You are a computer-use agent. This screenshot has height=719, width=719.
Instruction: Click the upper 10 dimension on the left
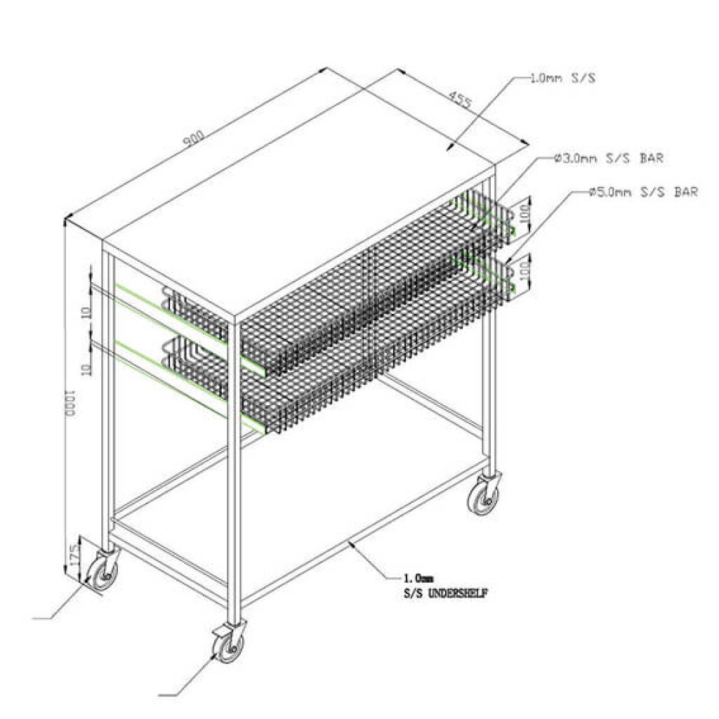tap(87, 311)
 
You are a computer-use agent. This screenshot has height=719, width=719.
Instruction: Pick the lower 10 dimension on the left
tap(87, 369)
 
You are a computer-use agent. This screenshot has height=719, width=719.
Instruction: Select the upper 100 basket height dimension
tap(524, 213)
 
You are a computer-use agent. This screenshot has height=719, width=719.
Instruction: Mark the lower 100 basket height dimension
tap(524, 269)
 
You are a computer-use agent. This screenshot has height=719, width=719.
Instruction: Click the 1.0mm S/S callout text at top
tap(562, 79)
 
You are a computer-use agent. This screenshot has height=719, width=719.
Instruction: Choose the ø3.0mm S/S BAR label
tap(608, 159)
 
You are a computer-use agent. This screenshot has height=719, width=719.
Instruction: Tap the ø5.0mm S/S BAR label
tap(643, 192)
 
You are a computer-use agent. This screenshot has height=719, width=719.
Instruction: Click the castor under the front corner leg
tap(228, 645)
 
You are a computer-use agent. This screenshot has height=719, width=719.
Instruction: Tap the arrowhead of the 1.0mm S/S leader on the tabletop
tap(449, 147)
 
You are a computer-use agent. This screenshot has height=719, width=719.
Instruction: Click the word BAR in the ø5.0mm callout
tap(685, 192)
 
